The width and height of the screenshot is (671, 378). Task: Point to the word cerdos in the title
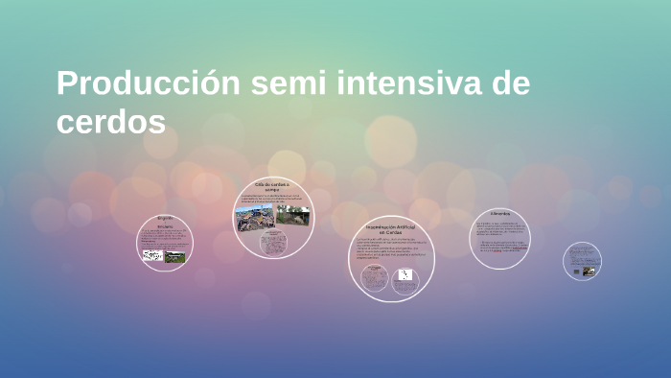[x=111, y=123]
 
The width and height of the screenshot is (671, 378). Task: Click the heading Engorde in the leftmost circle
[x=165, y=218]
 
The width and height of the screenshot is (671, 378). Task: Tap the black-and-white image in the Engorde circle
[x=151, y=256]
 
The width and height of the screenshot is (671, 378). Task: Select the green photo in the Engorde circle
[x=174, y=256]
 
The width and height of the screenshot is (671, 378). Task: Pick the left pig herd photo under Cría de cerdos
[x=255, y=218]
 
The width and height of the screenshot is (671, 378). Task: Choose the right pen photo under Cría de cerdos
[x=293, y=217]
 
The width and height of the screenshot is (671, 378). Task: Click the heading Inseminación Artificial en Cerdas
[x=391, y=229]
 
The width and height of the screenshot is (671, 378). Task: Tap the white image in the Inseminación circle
[x=405, y=275]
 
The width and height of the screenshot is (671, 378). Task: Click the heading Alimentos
[x=499, y=213]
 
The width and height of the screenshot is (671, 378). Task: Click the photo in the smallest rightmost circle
[x=588, y=271]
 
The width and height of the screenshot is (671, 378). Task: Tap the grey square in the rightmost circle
[x=576, y=272]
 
